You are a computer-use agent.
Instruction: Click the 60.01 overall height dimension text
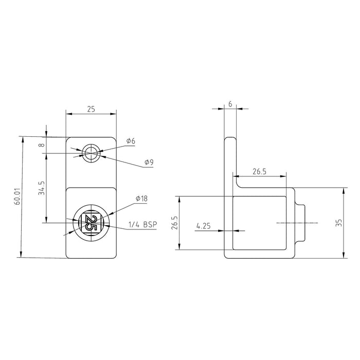click(x=17, y=197)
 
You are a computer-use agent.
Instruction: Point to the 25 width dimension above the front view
click(x=91, y=110)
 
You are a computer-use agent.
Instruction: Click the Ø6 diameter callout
click(x=130, y=141)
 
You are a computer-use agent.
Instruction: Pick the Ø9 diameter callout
click(x=149, y=163)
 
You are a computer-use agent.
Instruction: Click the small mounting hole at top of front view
click(x=91, y=152)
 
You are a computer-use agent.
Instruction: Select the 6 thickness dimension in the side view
click(x=230, y=104)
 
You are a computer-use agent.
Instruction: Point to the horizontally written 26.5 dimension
click(x=260, y=171)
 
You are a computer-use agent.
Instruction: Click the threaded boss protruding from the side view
click(x=302, y=223)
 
